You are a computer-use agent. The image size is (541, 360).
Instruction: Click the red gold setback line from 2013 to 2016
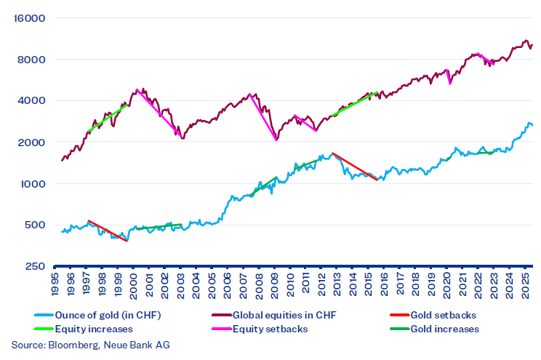pyautogui.click(x=355, y=166)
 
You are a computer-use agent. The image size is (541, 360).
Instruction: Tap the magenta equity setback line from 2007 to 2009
pyautogui.click(x=263, y=117)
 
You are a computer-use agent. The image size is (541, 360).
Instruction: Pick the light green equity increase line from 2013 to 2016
pyautogui.click(x=355, y=104)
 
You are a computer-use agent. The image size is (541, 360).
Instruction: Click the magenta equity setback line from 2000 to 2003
pyautogui.click(x=158, y=111)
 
